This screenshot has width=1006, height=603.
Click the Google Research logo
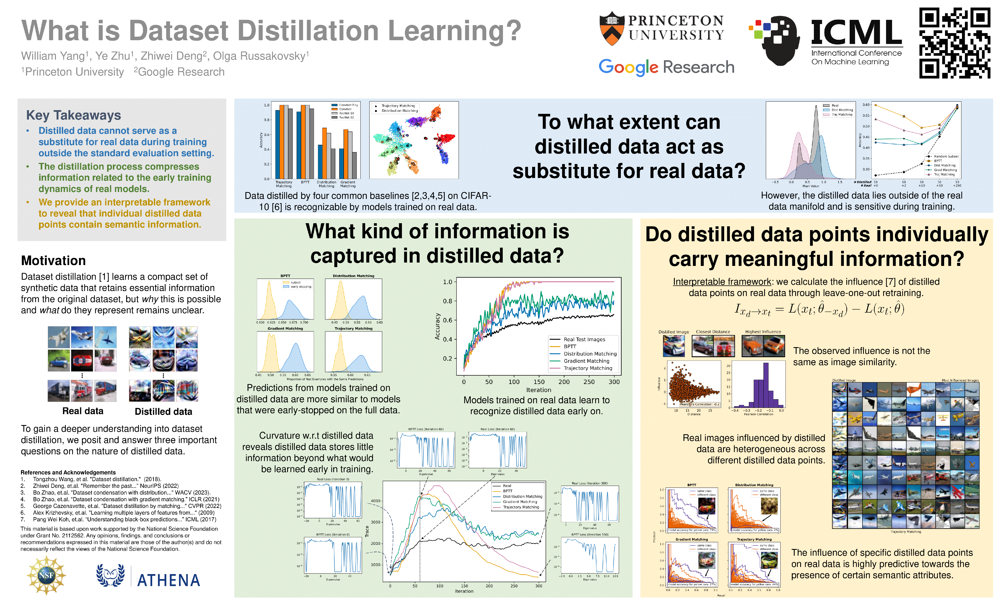click(x=666, y=67)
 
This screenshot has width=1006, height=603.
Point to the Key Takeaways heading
click(x=74, y=115)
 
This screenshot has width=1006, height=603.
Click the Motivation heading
click(x=53, y=260)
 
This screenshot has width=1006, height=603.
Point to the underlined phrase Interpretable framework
click(x=722, y=282)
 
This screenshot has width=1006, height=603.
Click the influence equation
click(x=819, y=310)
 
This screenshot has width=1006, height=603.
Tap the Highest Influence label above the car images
click(x=763, y=332)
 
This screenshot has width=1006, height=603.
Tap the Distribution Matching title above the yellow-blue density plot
click(x=353, y=276)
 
